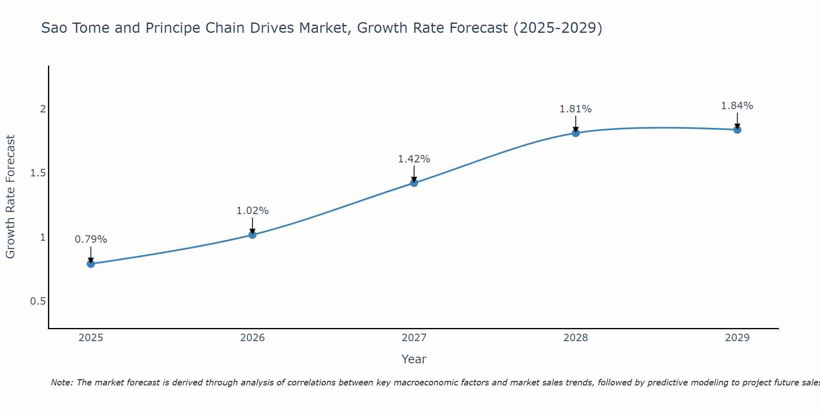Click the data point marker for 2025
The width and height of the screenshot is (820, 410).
pos(91,264)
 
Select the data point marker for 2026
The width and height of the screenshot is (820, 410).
pos(253,235)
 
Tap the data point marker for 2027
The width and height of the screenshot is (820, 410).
pos(414,183)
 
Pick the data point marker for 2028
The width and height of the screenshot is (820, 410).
pos(576,133)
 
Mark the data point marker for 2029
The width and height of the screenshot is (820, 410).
pos(737,130)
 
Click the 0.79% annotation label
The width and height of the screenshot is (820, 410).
pos(91,239)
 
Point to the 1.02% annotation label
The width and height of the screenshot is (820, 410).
pos(253,211)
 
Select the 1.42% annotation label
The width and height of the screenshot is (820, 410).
pos(414,159)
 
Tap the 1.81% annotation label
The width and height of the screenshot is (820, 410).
pos(576,109)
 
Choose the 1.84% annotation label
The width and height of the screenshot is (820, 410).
pos(737,106)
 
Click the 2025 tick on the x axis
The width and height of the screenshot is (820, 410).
pos(91,338)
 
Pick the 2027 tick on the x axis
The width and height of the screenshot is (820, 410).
pos(414,338)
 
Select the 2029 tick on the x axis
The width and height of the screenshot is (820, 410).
pos(737,338)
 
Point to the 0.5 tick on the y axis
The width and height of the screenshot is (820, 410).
pos(38,301)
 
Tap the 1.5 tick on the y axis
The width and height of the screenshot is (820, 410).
pos(38,173)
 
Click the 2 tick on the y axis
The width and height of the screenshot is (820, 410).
pos(43,109)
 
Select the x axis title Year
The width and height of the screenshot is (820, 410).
pos(414,359)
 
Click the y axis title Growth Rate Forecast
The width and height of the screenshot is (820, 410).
pos(11,197)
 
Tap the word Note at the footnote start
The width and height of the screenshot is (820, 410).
pos(61,383)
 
